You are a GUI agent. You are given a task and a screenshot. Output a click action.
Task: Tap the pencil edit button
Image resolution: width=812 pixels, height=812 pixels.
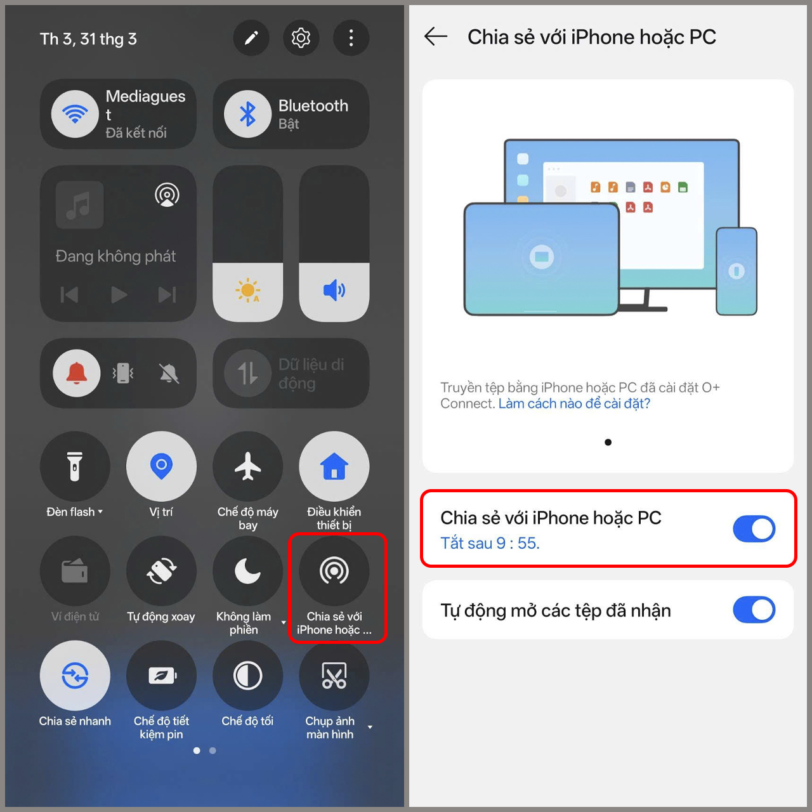251,38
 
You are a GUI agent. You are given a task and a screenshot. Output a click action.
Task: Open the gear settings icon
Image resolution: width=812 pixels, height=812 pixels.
301,38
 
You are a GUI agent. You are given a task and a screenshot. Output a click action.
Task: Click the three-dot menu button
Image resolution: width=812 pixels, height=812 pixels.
351,38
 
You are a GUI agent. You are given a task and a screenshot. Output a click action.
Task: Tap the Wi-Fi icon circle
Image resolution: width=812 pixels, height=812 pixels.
75,114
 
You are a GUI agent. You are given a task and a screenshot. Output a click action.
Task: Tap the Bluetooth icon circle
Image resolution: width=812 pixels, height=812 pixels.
248,114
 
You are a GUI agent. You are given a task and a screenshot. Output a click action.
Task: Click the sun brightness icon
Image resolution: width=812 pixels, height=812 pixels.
247,291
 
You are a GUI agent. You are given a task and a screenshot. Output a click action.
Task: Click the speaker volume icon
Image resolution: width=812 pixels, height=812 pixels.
334,291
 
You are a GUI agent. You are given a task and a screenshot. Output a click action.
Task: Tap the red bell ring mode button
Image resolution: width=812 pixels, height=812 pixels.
77,373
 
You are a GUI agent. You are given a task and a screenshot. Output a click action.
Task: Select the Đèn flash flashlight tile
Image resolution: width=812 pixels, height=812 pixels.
75,467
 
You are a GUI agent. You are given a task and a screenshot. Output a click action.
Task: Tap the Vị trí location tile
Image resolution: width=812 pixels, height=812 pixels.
161,467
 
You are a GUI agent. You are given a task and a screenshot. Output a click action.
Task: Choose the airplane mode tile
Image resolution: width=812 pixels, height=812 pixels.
247,467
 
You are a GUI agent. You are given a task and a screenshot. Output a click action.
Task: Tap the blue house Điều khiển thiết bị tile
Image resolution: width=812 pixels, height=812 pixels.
334,467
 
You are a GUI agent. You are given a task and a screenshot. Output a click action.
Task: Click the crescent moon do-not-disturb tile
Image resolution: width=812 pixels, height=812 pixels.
247,571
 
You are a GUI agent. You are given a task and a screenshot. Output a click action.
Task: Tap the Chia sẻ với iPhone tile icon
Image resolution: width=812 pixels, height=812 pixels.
334,571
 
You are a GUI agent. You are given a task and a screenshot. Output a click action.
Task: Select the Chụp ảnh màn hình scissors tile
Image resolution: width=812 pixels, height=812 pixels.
334,676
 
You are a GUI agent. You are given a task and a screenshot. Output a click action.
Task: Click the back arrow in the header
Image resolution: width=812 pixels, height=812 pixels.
436,37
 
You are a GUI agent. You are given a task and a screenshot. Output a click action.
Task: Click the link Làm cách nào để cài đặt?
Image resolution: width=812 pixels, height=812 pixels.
574,403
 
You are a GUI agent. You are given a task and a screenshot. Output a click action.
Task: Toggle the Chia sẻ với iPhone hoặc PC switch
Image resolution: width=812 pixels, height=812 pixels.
754,528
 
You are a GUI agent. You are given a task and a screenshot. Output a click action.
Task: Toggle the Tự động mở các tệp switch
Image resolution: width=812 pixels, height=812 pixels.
754,610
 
